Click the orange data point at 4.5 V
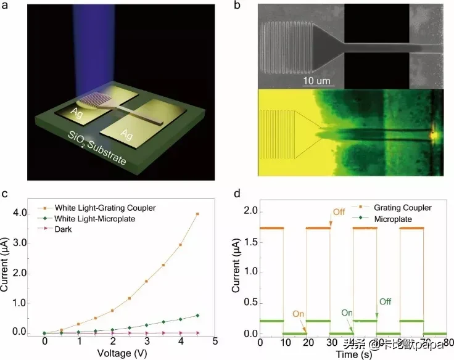[x=197, y=214]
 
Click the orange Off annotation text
[x=339, y=212]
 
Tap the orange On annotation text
[x=299, y=313]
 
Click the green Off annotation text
[x=385, y=301]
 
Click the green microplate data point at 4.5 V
[x=197, y=316]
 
